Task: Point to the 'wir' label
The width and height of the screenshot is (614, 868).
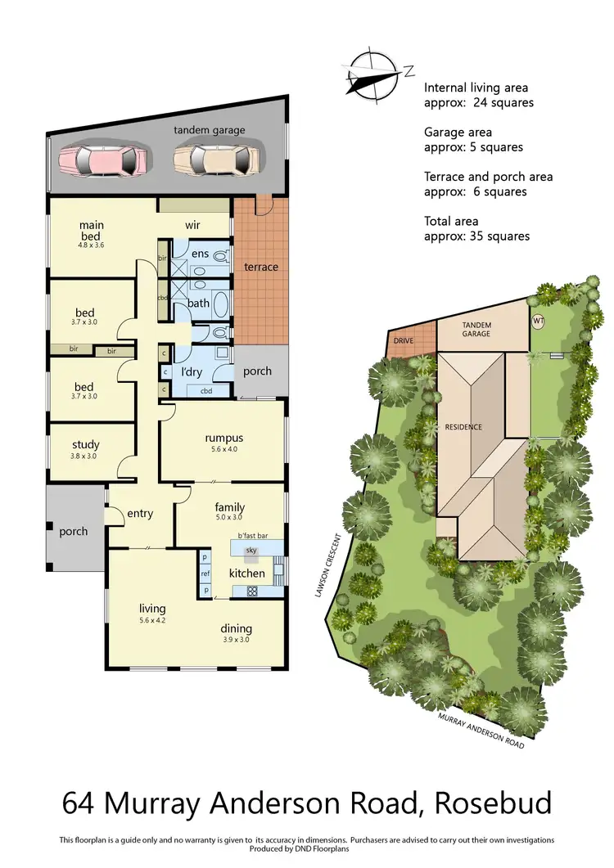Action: [193, 225]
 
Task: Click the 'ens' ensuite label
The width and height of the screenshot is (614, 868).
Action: [201, 254]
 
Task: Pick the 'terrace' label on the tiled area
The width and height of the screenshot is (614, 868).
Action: [261, 267]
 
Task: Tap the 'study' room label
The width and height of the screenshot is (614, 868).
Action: [85, 446]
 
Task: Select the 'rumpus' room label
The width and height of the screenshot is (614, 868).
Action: [223, 438]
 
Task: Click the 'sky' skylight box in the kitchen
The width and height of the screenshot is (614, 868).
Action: [251, 551]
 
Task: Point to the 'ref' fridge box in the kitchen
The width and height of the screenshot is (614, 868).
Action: [205, 573]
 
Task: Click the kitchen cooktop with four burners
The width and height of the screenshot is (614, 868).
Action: [252, 591]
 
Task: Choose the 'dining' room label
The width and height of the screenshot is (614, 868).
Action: [236, 629]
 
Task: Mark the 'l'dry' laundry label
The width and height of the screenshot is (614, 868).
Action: [192, 372]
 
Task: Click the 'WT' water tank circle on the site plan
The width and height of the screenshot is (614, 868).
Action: [539, 320]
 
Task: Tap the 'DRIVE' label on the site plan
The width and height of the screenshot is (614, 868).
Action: [403, 340]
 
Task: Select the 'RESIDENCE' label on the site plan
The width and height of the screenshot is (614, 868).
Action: [463, 427]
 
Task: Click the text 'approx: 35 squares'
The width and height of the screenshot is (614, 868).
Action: [476, 236]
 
